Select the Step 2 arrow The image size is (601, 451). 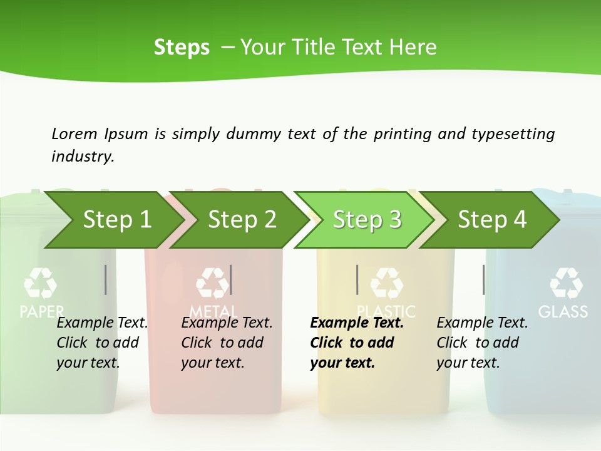click(242, 220)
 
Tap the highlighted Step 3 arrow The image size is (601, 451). click(367, 220)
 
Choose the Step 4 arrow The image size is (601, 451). click(492, 220)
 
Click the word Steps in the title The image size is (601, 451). click(182, 47)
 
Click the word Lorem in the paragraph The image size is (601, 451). click(74, 133)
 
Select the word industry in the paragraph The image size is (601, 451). click(82, 156)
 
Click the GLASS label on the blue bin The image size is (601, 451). click(563, 311)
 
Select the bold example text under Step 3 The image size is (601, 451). click(356, 343)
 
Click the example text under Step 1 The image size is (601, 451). click(102, 343)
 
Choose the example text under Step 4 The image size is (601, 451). click(482, 343)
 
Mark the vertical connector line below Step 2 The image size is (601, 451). click(231, 279)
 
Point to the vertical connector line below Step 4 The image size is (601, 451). click(483, 279)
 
